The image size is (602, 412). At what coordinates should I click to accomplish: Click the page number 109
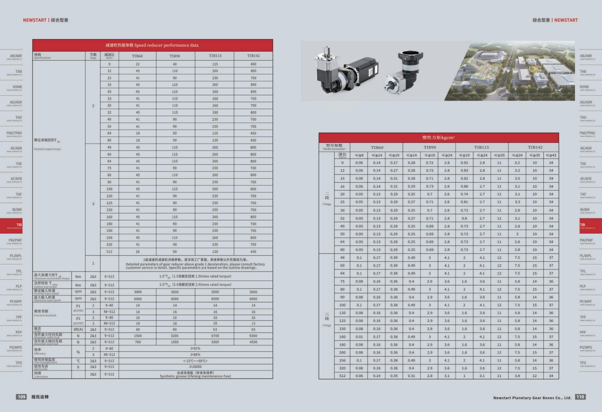[21, 397]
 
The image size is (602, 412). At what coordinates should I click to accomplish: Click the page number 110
[580, 397]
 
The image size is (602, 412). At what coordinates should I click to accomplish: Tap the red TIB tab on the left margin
[12, 225]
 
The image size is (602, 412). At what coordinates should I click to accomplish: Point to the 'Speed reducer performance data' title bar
[152, 45]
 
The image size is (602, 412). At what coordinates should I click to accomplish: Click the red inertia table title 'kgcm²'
[438, 138]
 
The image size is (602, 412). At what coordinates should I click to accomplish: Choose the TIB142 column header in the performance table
[253, 56]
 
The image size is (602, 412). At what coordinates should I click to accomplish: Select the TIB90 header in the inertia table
[429, 147]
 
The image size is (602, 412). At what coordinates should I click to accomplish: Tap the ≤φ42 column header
[551, 155]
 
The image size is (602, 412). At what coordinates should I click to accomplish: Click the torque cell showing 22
[138, 64]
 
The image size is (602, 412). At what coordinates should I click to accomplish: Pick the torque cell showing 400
[253, 64]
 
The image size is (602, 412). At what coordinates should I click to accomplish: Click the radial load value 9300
[253, 335]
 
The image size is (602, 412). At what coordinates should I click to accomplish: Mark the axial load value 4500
[253, 342]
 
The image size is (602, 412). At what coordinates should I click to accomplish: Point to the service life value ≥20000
[195, 367]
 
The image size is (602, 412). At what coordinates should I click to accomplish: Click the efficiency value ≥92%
[195, 348]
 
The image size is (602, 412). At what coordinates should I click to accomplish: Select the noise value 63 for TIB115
[215, 329]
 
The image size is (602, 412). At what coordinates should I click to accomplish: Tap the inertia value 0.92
[464, 163]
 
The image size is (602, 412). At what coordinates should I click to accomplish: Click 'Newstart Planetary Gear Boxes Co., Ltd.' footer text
[532, 398]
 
